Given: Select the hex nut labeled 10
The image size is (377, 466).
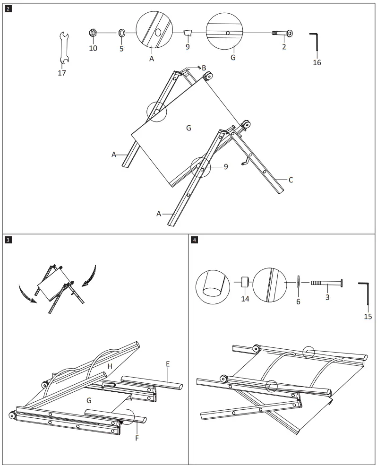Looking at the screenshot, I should [93, 33].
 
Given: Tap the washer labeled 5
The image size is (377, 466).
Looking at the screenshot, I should [121, 33].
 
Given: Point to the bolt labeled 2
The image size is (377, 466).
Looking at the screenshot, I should [283, 33].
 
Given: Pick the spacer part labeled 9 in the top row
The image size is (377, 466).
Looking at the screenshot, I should [188, 33].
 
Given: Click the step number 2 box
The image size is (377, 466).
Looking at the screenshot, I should [8, 8].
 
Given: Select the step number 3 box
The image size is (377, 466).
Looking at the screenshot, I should [8, 240].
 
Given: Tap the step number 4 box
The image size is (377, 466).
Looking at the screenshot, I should [194, 240].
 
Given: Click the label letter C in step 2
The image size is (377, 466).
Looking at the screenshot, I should [291, 180].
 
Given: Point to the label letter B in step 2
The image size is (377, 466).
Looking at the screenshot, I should [204, 68].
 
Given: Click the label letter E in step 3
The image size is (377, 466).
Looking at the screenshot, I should [168, 364].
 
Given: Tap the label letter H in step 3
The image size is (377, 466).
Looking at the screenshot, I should [109, 367].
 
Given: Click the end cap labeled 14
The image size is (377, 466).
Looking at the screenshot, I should [245, 283].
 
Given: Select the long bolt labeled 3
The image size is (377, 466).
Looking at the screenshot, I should [327, 283].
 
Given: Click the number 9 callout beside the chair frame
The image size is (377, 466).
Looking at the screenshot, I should [225, 166].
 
